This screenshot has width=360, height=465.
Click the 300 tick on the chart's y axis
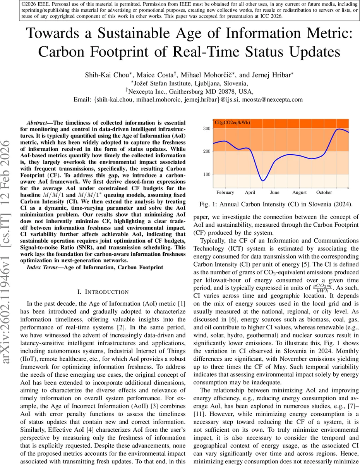[207, 128]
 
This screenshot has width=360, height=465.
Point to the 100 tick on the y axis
[207, 174]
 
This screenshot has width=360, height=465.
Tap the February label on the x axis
[225, 192]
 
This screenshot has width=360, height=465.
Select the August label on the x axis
[299, 192]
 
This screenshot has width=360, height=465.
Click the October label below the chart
[324, 192]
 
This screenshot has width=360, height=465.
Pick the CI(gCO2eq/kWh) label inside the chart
[232, 123]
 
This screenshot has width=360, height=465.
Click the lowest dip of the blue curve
[263, 181]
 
